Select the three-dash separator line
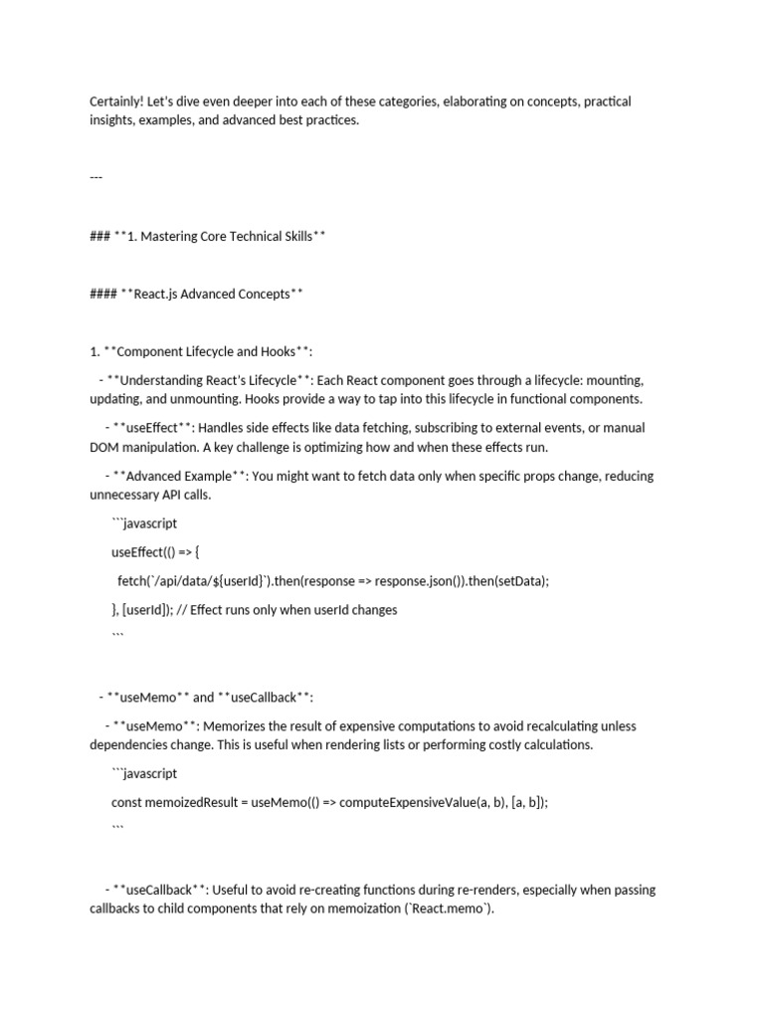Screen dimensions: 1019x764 [x=96, y=177]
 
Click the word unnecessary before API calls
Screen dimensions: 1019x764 [x=129, y=495]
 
